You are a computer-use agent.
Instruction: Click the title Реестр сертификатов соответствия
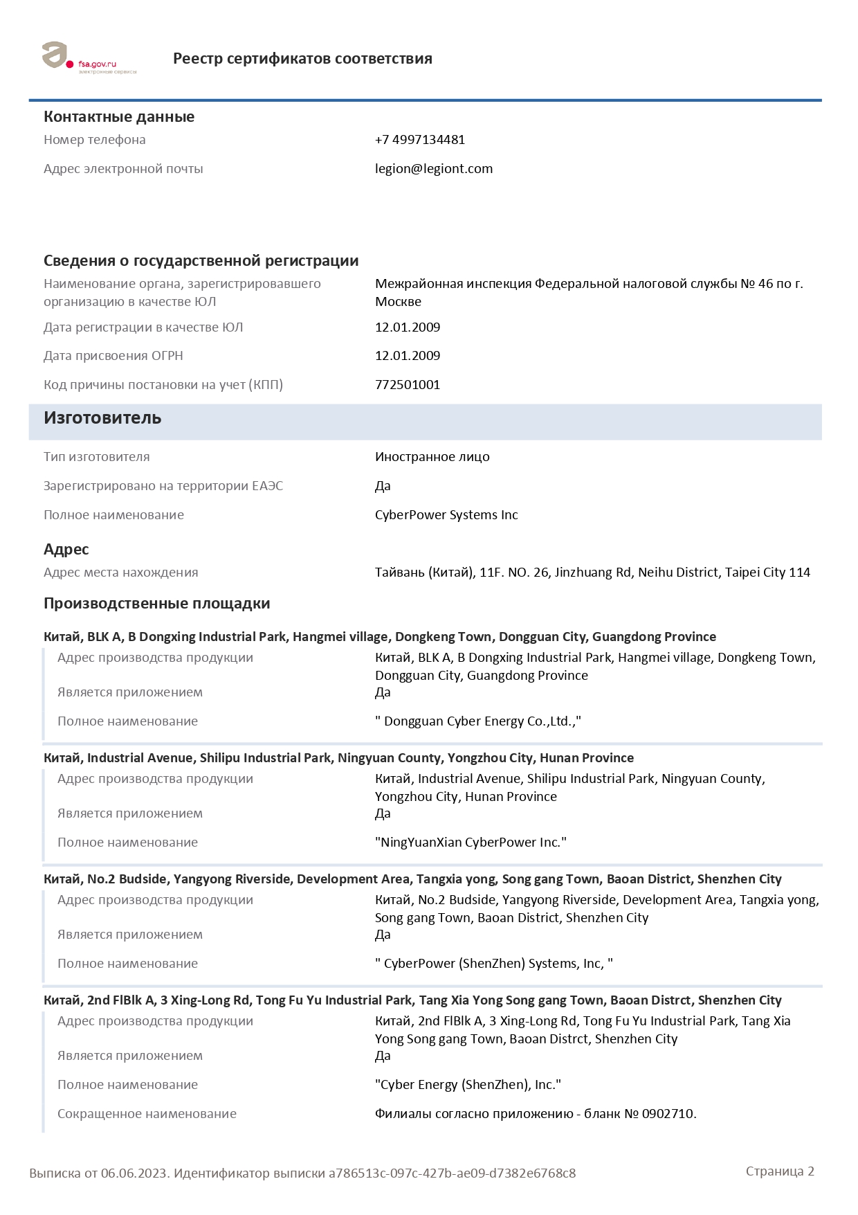[302, 59]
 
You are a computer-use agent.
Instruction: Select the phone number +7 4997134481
[419, 140]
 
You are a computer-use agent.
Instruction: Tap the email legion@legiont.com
[433, 169]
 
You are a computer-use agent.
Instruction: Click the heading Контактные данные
[119, 117]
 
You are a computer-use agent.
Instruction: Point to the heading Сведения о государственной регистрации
[201, 261]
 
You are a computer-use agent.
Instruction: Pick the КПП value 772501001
[407, 385]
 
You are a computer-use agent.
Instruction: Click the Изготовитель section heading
[102, 418]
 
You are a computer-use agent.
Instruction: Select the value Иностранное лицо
[432, 457]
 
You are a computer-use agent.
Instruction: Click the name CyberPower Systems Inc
[446, 515]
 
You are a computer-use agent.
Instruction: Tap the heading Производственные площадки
[156, 604]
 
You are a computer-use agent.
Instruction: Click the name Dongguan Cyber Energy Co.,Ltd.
[477, 721]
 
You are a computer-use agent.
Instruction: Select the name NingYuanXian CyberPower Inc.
[471, 843]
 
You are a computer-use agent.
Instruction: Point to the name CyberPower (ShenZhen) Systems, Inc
[493, 964]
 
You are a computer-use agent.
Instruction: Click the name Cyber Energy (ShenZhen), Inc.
[468, 1085]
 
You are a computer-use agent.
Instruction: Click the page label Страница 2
[780, 1171]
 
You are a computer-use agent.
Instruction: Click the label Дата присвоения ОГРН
[113, 356]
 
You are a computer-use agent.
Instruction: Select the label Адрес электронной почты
[123, 169]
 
